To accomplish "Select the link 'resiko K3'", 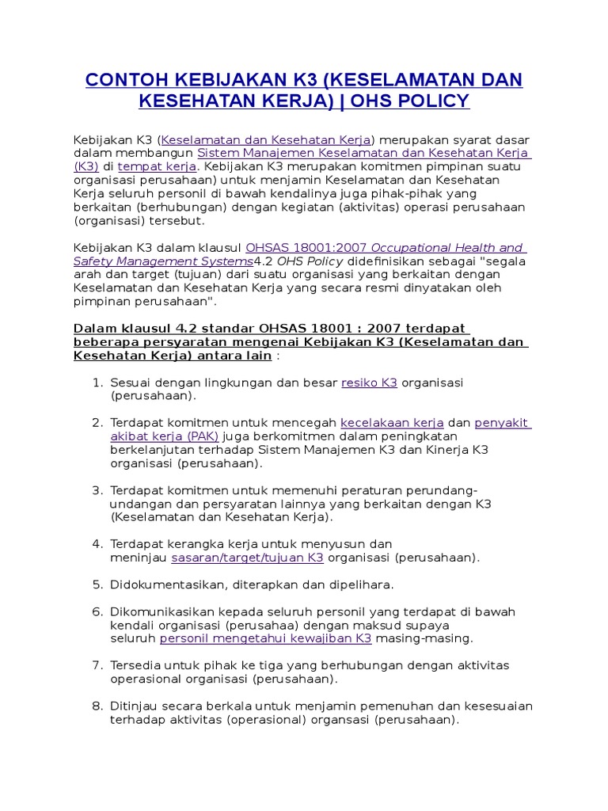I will point(369,383).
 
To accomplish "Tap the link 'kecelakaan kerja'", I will point(392,423).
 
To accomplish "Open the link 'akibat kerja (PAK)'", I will point(164,436).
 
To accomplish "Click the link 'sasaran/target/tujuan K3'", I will point(247,558).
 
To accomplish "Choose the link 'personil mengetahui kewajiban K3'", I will point(265,638).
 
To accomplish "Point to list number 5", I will point(97,584).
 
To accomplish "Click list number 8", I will point(97,706).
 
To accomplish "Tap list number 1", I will point(97,383).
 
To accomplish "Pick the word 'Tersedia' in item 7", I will point(135,665).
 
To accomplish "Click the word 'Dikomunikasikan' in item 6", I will point(158,611).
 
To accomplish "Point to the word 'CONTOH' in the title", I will point(125,80).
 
